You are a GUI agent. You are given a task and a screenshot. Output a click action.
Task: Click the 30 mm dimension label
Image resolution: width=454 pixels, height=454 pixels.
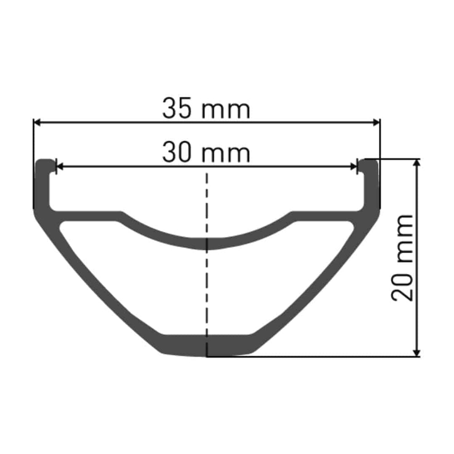coord(206,153)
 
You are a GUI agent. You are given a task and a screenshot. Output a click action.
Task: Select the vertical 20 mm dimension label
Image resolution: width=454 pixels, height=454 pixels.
coord(402,258)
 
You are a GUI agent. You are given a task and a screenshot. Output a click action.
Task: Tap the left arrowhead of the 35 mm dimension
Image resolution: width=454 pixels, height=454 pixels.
coord(37,123)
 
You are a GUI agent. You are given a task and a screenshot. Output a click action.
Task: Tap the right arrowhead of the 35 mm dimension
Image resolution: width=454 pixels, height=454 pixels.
coord(376,123)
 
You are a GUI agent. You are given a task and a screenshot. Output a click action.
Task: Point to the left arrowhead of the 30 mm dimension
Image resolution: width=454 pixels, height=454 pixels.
coord(59,167)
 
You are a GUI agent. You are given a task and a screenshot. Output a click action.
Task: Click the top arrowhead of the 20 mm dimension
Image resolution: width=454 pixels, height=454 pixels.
coord(417,163)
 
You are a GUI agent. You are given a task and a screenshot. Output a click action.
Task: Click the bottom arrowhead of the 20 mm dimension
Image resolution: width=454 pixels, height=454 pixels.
coord(417,353)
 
